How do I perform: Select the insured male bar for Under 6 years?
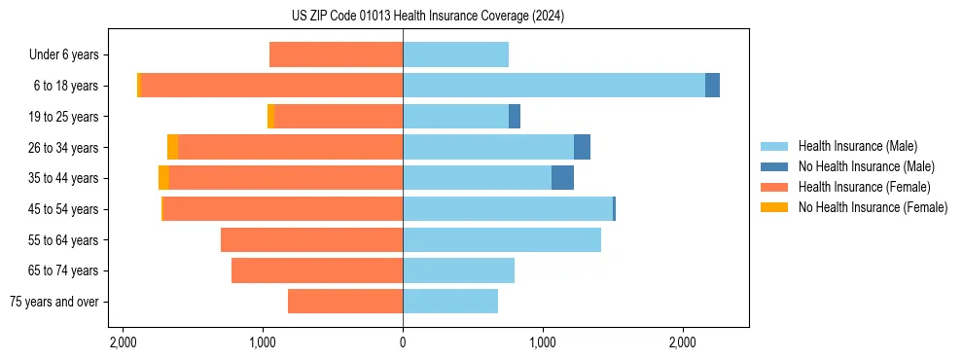(x=455, y=54)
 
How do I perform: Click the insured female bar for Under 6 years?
(x=336, y=54)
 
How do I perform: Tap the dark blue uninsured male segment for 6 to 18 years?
(x=712, y=86)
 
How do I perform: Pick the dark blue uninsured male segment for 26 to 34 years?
(x=582, y=147)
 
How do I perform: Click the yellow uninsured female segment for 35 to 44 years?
(x=163, y=178)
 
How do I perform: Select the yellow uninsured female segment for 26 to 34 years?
(x=172, y=147)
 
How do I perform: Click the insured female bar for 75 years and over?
(x=345, y=302)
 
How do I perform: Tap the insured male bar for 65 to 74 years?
(x=458, y=270)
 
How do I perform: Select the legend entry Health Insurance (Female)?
(x=864, y=187)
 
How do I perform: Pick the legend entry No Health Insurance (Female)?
(x=873, y=207)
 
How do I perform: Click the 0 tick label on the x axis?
(x=403, y=343)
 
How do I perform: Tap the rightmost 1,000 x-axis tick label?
(x=543, y=343)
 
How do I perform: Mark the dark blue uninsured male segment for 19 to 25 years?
(x=515, y=117)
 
